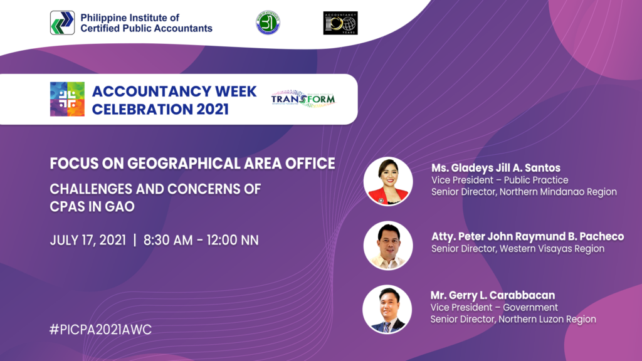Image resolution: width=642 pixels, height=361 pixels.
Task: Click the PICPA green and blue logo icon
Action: click(x=63, y=23)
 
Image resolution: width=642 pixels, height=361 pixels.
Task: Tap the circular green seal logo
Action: click(x=268, y=23)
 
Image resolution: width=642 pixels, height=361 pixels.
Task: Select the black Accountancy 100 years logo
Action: click(x=340, y=23)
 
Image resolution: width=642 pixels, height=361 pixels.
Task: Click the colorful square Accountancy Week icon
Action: click(x=67, y=99)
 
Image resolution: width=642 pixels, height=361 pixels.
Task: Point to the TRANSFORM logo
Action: click(x=303, y=99)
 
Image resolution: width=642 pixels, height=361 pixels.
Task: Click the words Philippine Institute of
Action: click(x=129, y=17)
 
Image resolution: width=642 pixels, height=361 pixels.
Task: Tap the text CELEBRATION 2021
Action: click(x=160, y=108)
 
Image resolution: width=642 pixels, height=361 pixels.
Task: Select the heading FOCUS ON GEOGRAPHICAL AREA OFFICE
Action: click(x=192, y=164)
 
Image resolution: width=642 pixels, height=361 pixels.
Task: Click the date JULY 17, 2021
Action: click(x=87, y=240)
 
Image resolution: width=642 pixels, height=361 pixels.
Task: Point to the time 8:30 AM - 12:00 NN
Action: click(x=201, y=240)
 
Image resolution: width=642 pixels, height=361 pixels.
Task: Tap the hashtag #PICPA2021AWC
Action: click(x=100, y=329)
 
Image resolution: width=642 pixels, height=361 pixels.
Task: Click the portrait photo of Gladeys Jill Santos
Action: click(x=388, y=181)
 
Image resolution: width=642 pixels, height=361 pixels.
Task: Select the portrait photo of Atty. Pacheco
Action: click(x=388, y=246)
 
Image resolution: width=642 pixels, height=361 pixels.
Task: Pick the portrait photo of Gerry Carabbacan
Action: click(x=387, y=310)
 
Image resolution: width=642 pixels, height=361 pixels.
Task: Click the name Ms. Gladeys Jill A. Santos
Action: click(x=495, y=168)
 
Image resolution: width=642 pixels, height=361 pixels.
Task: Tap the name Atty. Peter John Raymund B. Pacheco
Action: click(x=527, y=236)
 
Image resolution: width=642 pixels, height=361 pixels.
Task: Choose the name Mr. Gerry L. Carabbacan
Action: click(x=492, y=295)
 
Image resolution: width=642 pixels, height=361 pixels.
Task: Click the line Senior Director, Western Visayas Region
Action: click(x=518, y=249)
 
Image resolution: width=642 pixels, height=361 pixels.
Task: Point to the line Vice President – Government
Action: click(x=494, y=307)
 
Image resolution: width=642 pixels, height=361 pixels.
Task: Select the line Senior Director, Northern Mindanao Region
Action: click(x=524, y=192)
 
